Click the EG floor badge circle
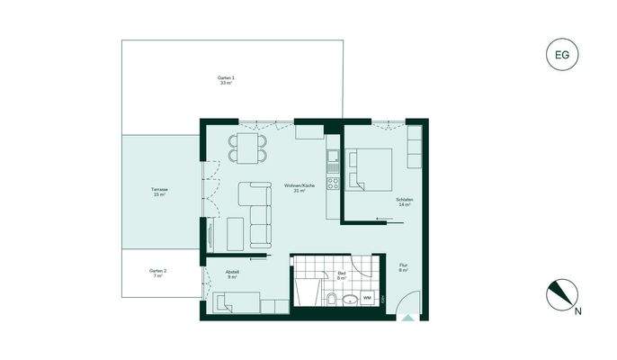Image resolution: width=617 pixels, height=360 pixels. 562,55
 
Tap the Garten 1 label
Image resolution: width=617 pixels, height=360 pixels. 227,80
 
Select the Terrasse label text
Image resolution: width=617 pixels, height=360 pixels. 160,192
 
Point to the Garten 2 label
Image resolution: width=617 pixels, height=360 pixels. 158,274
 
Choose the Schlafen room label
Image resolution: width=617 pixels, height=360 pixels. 402,202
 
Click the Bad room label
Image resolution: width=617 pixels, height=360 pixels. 342,276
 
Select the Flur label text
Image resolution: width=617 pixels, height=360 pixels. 403,267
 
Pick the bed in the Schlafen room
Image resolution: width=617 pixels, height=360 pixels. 371,169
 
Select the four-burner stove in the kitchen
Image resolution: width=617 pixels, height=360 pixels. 332,184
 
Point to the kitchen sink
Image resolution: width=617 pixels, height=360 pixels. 332,161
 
